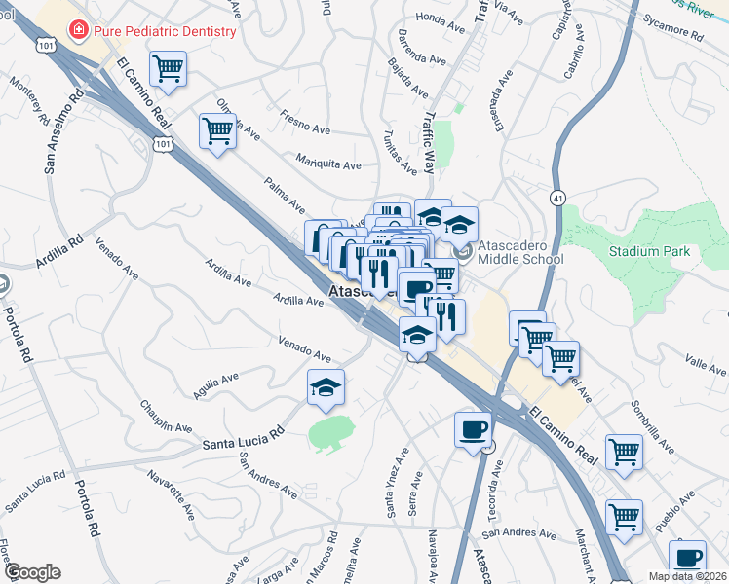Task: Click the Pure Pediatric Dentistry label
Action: (x=165, y=31)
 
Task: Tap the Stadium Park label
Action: (x=650, y=252)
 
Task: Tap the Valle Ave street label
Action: (x=707, y=367)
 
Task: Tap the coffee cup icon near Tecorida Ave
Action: (x=474, y=428)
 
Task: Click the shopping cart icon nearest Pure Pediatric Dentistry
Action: (x=169, y=69)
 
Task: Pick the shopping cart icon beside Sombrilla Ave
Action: (x=624, y=451)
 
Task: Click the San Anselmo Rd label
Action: (x=61, y=131)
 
